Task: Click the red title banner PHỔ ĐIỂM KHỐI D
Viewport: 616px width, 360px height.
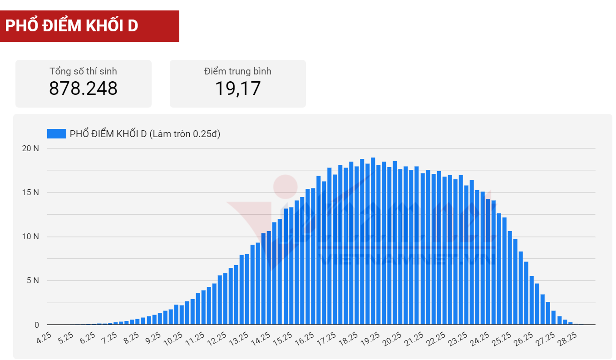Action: [x=89, y=26]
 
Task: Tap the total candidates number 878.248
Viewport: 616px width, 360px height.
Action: [x=83, y=88]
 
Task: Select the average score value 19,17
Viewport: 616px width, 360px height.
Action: [x=237, y=88]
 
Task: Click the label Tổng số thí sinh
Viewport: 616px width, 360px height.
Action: [x=83, y=71]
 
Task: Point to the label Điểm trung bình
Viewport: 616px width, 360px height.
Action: [x=237, y=71]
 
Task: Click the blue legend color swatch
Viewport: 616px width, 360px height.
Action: [x=56, y=133]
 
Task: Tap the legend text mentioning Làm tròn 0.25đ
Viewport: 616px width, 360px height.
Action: [x=145, y=133]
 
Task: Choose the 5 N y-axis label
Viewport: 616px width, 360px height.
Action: [x=33, y=281]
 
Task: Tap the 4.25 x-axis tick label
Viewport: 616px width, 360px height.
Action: [x=44, y=338]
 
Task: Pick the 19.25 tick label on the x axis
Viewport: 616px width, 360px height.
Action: [x=370, y=338]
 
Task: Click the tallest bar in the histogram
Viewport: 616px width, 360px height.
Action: [x=373, y=241]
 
